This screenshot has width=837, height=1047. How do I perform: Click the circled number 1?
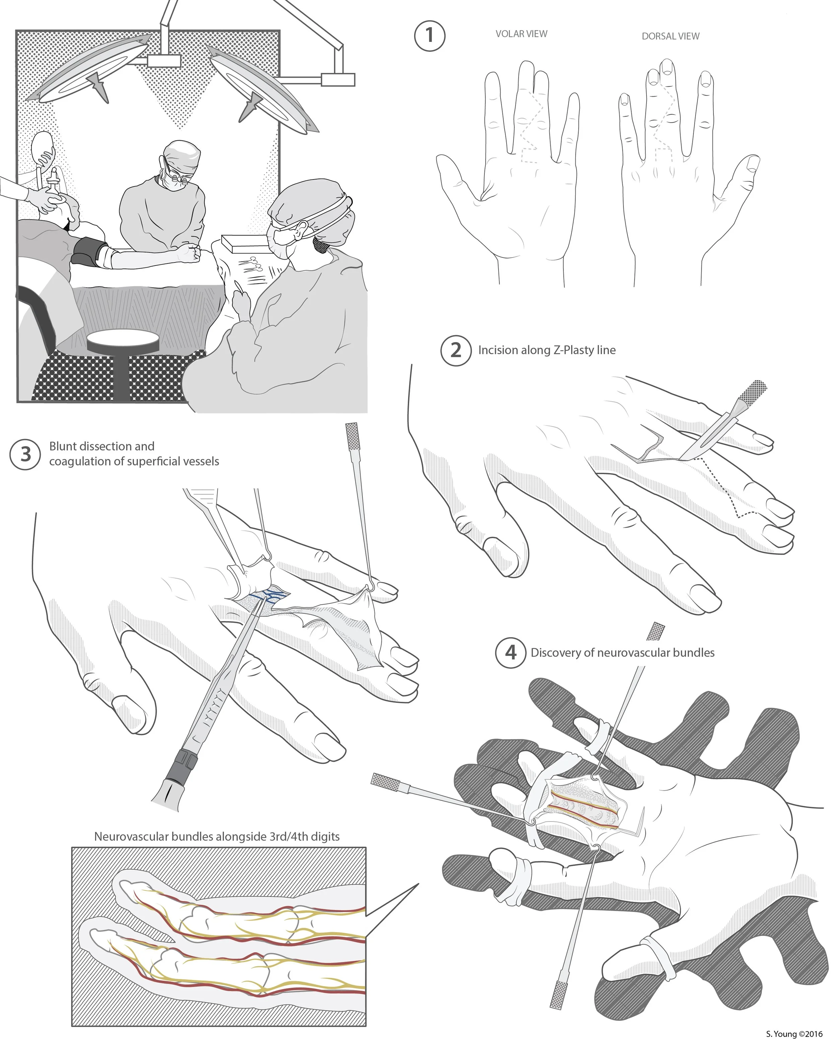pyautogui.click(x=430, y=35)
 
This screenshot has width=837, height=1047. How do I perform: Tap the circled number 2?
pyautogui.click(x=456, y=350)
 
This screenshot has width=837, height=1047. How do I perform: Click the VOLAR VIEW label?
pyautogui.click(x=521, y=34)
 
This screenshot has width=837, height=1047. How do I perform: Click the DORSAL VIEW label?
pyautogui.click(x=671, y=36)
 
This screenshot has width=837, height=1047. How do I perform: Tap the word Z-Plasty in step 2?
pyautogui.click(x=574, y=350)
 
